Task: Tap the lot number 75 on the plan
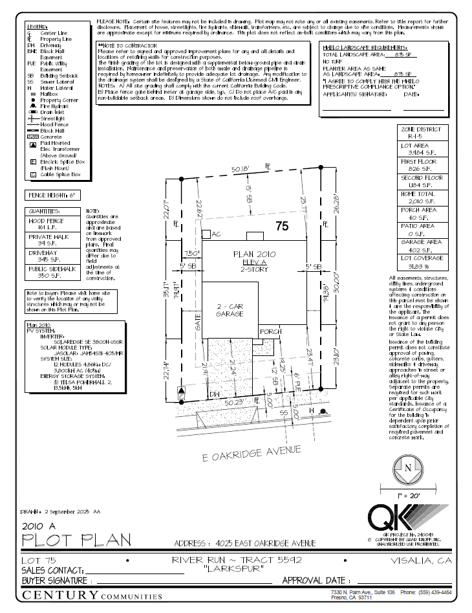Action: coord(281,226)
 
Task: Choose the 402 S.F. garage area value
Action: coord(422,251)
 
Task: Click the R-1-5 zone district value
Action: coord(422,137)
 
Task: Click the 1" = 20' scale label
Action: coord(408,495)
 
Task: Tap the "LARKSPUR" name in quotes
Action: coord(235,569)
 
